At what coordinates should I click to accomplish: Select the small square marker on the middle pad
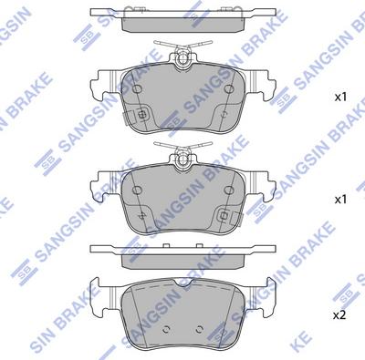[224, 217]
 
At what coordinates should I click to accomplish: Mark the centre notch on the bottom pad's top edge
[182, 279]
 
